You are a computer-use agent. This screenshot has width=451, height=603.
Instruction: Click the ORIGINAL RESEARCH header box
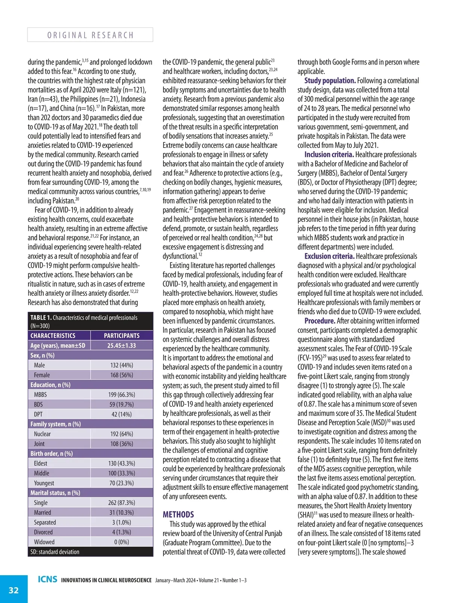coord(90,35)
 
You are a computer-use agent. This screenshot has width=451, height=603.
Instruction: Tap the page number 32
coord(14,590)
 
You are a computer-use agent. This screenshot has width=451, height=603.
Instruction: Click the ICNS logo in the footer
coord(48,579)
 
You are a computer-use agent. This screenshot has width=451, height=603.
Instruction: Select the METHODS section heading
coord(178,514)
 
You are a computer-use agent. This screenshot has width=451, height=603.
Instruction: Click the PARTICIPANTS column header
coord(121,336)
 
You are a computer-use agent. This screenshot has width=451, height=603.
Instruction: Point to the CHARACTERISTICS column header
coord(53,336)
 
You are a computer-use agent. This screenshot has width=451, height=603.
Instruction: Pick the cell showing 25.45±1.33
coord(121,345)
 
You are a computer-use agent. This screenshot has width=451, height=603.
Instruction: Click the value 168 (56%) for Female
coord(121,375)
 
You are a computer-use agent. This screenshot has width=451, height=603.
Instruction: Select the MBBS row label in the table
coord(40,395)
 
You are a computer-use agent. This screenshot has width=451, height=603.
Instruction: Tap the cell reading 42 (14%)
coord(121,414)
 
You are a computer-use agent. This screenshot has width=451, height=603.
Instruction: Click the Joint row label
coord(39,444)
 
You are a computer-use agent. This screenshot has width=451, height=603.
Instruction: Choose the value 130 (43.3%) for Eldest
coord(121,463)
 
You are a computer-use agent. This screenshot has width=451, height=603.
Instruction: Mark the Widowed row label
coord(44,542)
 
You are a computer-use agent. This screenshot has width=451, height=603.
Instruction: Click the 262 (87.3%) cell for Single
coord(121,503)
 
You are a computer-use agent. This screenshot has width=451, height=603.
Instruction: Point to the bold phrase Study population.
coord(330,81)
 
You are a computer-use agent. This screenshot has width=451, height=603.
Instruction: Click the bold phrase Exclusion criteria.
coord(329,256)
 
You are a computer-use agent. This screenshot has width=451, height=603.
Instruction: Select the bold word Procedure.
coord(319,321)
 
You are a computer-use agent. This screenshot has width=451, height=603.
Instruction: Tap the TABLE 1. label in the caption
coord(41,318)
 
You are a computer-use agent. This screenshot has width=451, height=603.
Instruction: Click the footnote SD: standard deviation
coord(55,552)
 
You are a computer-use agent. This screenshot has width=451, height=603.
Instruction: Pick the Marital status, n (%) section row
coord(55,493)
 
